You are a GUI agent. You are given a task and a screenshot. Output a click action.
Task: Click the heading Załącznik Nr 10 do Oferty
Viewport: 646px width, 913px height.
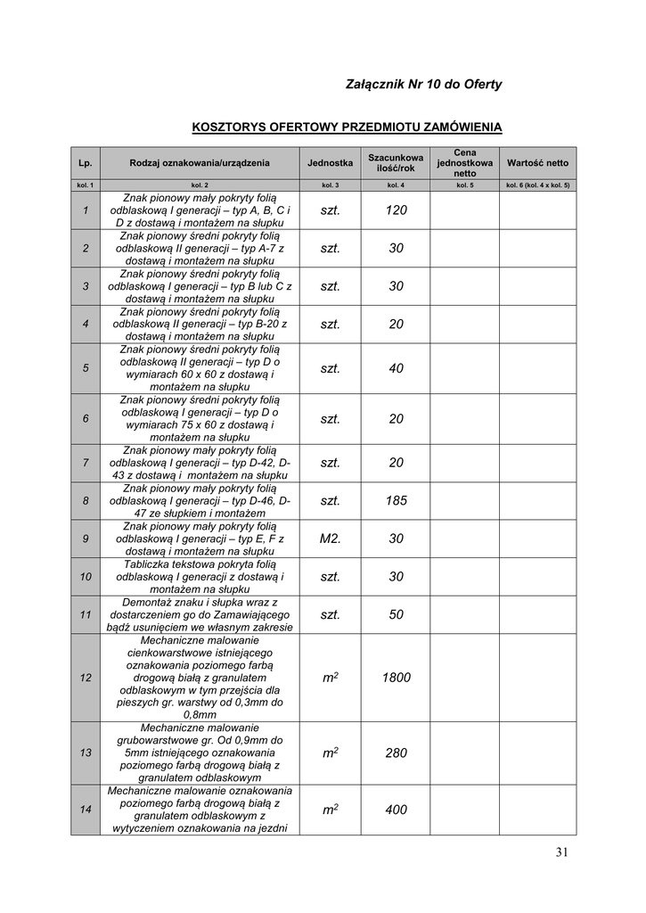pyautogui.click(x=423, y=85)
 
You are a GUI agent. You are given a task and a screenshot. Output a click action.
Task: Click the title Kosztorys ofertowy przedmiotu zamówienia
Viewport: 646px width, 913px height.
pyautogui.click(x=347, y=127)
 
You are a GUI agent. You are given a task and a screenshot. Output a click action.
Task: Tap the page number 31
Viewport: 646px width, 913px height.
pyautogui.click(x=560, y=852)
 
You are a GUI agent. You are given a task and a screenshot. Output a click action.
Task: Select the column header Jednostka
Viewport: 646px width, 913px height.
pyautogui.click(x=330, y=163)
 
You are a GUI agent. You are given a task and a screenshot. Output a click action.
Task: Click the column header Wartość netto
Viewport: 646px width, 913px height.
pyautogui.click(x=537, y=163)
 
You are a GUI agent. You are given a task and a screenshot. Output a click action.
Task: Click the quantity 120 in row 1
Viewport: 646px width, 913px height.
pyautogui.click(x=397, y=210)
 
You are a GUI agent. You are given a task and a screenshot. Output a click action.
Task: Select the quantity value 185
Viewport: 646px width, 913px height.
pyautogui.click(x=397, y=501)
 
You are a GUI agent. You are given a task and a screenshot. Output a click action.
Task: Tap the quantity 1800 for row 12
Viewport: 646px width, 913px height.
pyautogui.click(x=397, y=678)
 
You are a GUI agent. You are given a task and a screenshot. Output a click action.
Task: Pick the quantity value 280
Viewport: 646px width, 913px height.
pyautogui.click(x=397, y=753)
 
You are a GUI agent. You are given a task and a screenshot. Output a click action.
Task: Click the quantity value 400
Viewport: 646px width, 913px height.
pyautogui.click(x=397, y=810)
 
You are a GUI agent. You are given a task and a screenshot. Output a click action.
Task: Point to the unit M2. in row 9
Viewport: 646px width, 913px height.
pyautogui.click(x=330, y=539)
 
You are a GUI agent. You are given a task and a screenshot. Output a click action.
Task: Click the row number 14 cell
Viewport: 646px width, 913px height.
pyautogui.click(x=86, y=810)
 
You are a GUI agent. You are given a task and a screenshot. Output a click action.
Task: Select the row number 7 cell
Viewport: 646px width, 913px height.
pyautogui.click(x=86, y=463)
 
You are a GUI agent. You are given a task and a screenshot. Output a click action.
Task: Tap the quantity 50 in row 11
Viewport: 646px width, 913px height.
pyautogui.click(x=397, y=615)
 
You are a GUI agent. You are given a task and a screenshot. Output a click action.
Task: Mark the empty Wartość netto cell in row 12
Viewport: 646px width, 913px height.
pyautogui.click(x=537, y=678)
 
